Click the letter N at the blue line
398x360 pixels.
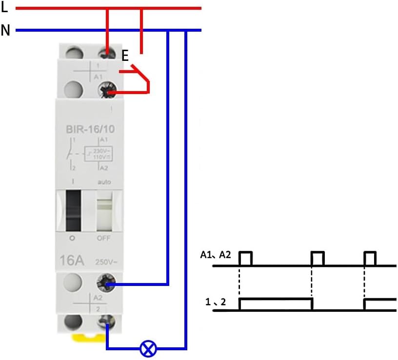tap(5, 30)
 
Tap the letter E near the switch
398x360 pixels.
tap(125, 57)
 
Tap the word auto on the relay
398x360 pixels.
tap(104, 182)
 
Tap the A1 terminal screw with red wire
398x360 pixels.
tap(106, 91)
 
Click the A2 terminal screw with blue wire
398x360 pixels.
tap(106, 284)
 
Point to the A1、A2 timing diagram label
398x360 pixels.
tap(215, 254)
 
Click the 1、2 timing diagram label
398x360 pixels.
tap(215, 303)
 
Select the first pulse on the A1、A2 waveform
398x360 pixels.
tap(245, 258)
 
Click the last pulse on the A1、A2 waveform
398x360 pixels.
tap(370, 258)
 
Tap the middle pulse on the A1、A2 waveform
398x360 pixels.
tap(318, 258)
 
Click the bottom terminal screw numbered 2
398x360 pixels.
tap(106, 322)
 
